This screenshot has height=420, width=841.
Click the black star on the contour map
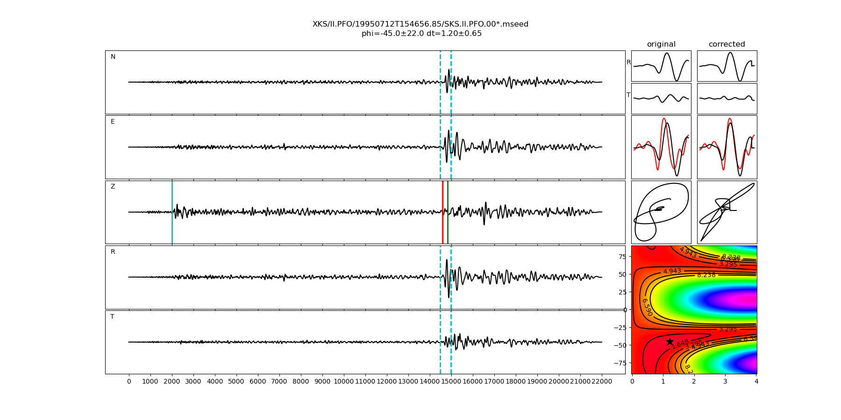pos(670,342)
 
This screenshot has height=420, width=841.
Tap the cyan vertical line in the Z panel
pos(172,212)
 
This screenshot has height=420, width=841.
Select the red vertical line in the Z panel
pos(442,212)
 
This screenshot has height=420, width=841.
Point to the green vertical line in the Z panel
pos(448,212)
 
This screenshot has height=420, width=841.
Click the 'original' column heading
pos(661,44)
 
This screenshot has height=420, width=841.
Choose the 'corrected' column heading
pos(727,44)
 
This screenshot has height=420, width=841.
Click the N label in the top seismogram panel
pos(113,57)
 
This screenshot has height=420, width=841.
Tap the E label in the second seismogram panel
pos(113,122)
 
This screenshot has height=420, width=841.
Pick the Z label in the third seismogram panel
pos(113,187)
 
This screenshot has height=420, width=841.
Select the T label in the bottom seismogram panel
pos(112,317)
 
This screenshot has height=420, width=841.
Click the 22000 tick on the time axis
pos(602,382)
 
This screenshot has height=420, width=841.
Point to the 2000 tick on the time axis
pos(172,382)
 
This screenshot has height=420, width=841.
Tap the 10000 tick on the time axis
pos(344,382)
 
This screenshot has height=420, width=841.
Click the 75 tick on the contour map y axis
pos(622,256)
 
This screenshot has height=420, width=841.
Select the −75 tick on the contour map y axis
pos(620,363)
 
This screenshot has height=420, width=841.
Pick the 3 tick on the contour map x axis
pos(725,382)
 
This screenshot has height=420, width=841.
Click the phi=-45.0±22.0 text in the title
pos(392,34)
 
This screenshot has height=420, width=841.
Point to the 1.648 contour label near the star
pos(680,344)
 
